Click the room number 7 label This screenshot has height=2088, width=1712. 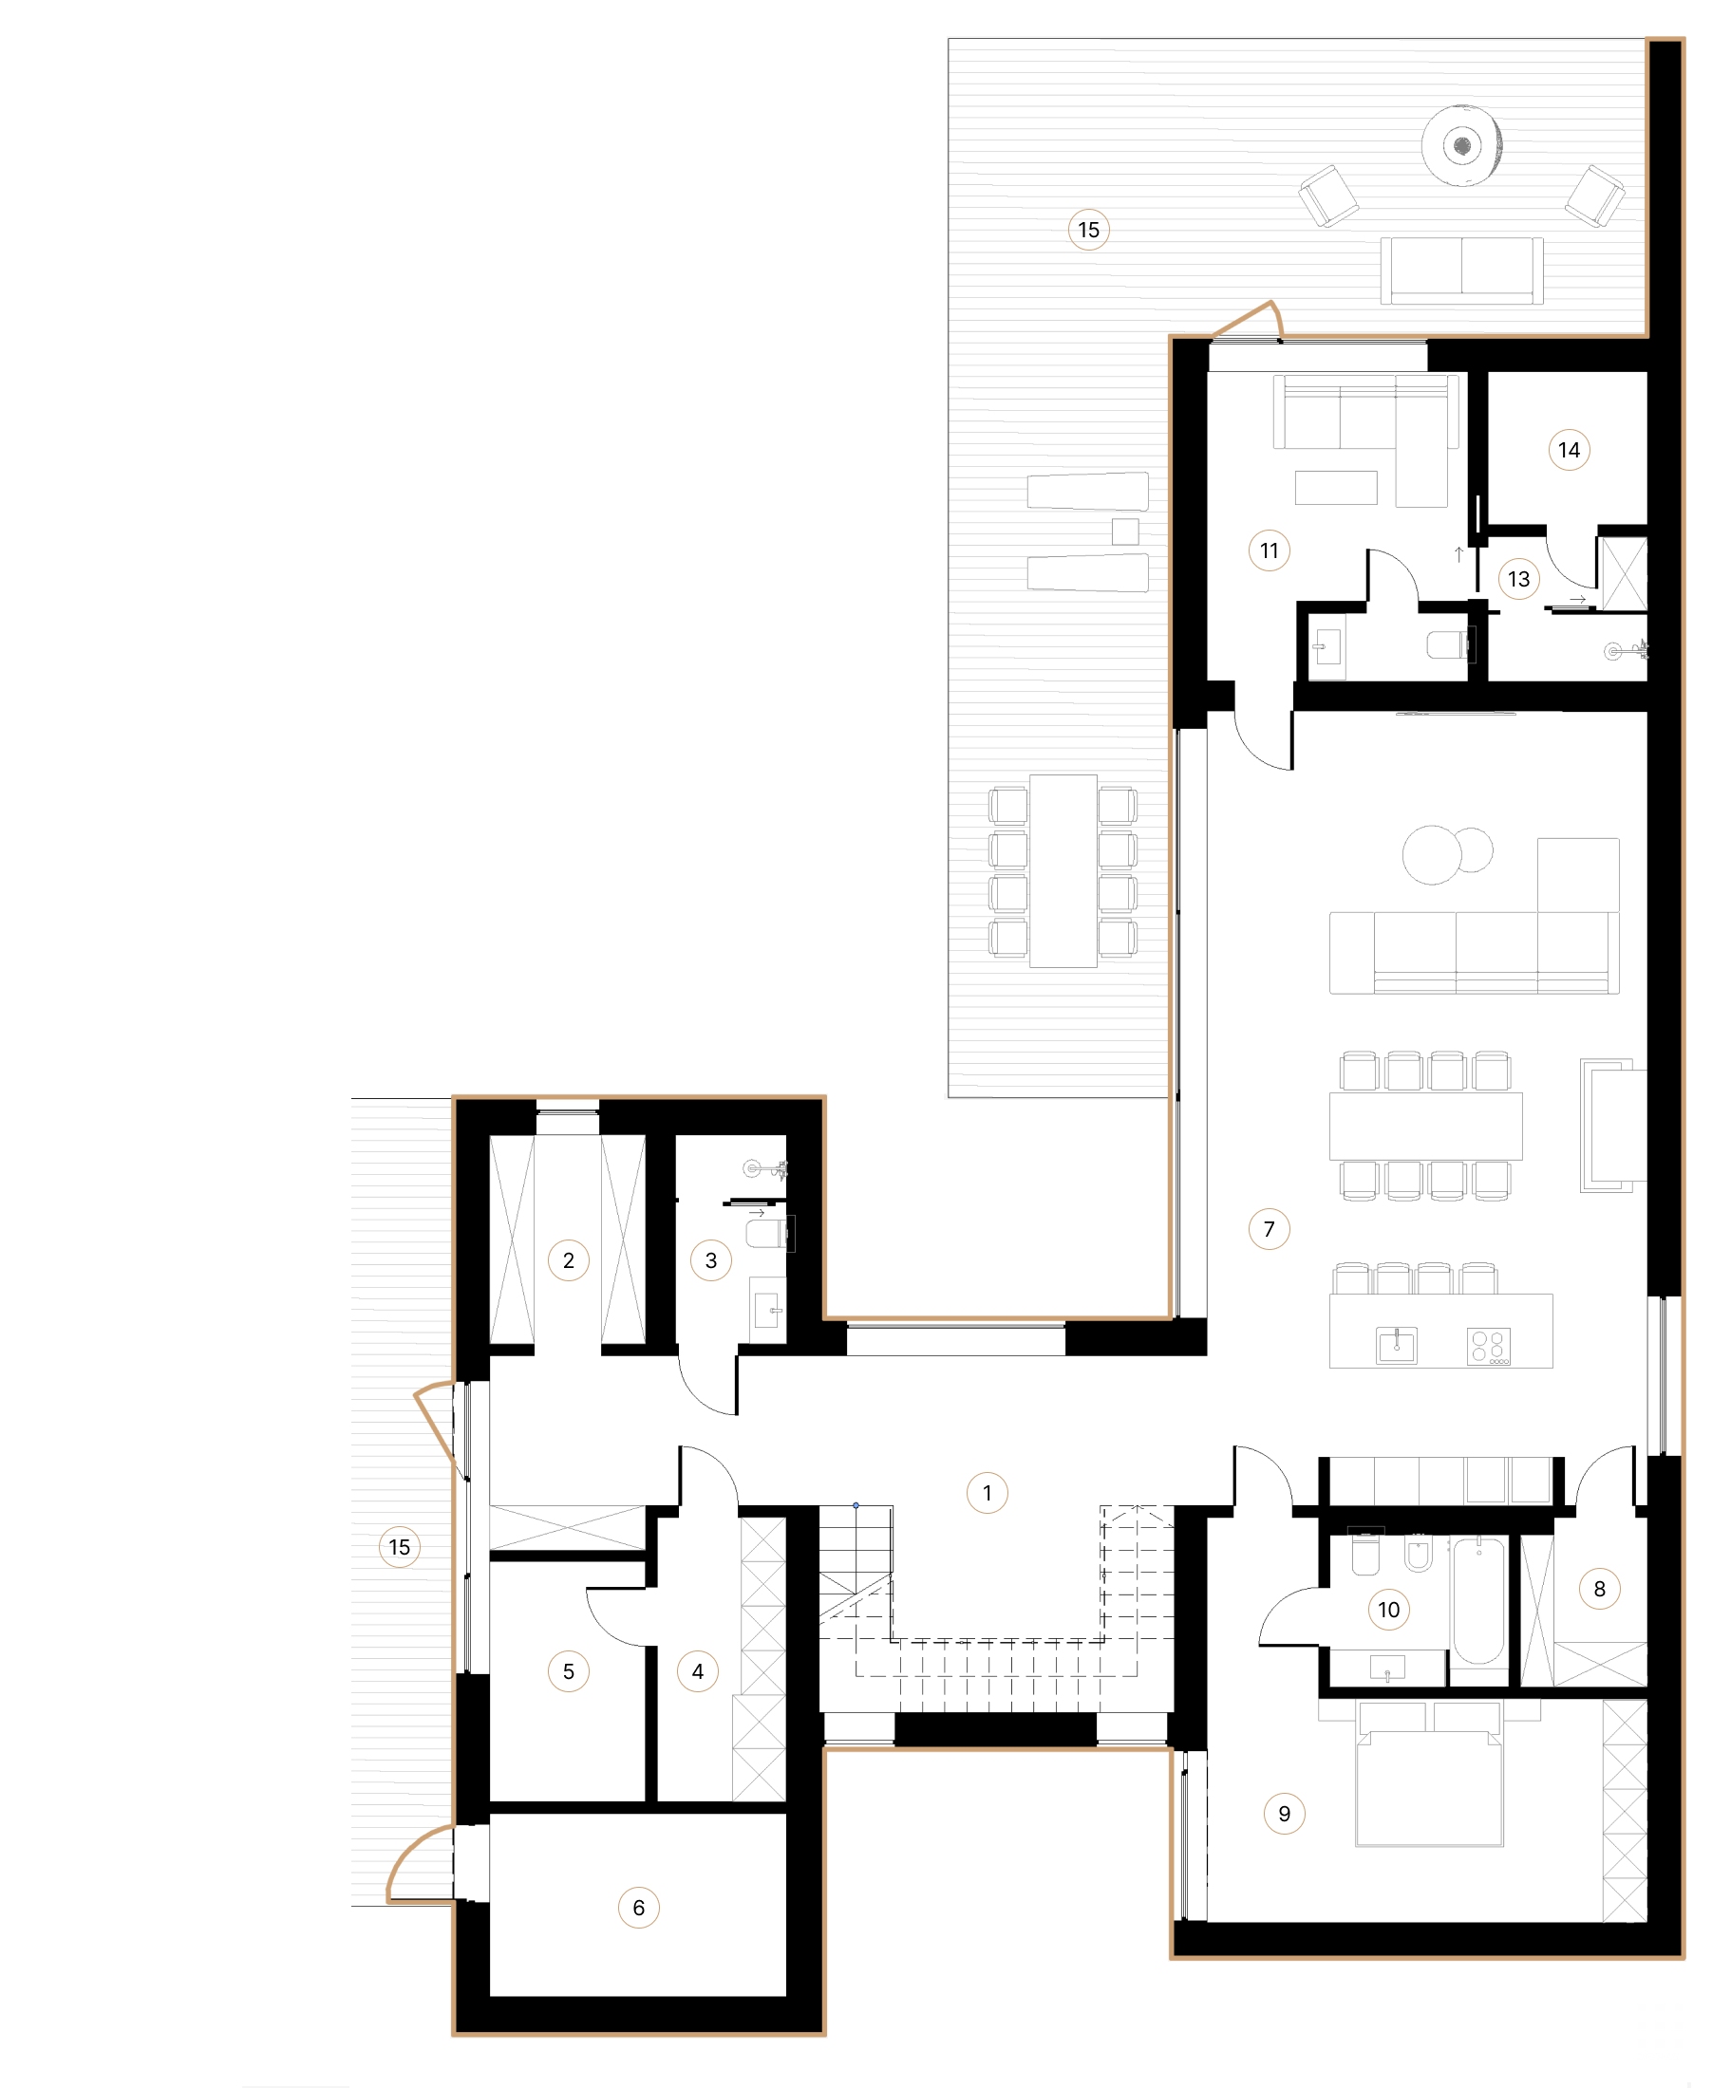1269,1229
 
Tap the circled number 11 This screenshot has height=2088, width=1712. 1269,551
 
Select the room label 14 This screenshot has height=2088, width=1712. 1568,451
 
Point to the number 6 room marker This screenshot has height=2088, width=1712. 638,1908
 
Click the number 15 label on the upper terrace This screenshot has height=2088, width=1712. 1088,230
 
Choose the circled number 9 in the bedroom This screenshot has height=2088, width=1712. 1283,1813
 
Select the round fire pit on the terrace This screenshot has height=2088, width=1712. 1461,146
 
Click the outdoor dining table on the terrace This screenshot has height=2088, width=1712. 1063,870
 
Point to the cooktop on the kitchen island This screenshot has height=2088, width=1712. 1488,1347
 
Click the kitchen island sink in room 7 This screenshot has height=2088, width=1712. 1396,1346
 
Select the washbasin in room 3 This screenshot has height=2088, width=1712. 768,1311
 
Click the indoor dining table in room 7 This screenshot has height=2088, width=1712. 1425,1125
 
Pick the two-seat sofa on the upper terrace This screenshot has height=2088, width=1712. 1460,270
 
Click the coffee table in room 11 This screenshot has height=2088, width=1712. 1335,488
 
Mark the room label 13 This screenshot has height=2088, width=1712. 1518,579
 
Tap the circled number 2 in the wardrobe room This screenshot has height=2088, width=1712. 568,1259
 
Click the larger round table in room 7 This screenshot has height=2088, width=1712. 1431,855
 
